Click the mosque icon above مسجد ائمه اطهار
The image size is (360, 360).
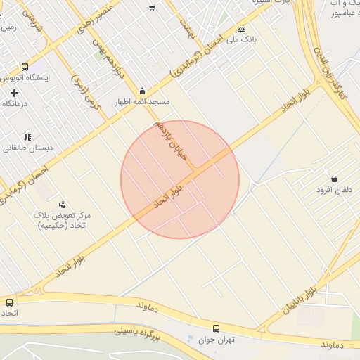point(143,90)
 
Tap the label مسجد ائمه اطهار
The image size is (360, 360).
point(143,101)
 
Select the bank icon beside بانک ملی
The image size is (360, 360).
point(242,29)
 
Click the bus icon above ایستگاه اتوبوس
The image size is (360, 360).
point(25,67)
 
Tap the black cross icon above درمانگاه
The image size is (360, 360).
point(14,93)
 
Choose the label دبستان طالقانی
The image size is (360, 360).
point(25,148)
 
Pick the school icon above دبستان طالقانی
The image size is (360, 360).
point(27,137)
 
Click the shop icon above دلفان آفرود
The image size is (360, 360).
point(333,179)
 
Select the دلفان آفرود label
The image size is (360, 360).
point(333,191)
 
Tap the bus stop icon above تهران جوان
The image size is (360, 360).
point(215,328)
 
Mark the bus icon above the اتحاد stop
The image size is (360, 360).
point(9,302)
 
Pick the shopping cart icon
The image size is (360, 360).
point(152,8)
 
